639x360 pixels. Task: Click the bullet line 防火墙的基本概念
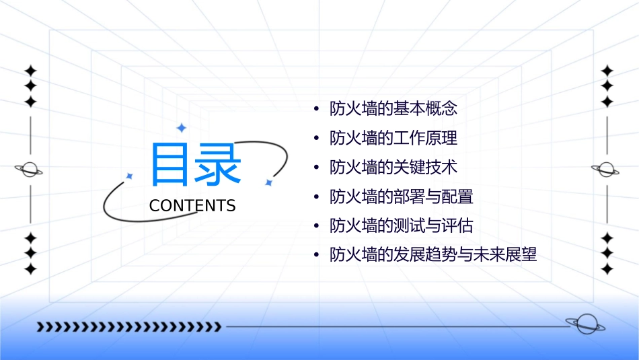click(393, 108)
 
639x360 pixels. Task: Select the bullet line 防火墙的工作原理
click(393, 138)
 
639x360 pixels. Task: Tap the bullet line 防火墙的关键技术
click(393, 167)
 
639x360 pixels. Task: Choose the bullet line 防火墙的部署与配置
click(402, 196)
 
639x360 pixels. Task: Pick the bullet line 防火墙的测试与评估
click(402, 226)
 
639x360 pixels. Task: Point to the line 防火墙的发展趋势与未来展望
click(433, 255)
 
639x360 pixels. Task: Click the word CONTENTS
click(192, 206)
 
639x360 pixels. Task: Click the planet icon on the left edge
click(30, 170)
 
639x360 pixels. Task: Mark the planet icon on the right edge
click(606, 170)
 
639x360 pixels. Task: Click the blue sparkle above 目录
click(180, 127)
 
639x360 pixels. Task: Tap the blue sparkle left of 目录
click(130, 176)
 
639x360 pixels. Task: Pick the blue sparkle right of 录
click(268, 182)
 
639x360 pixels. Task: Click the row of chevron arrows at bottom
click(128, 327)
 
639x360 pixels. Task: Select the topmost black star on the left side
click(30, 71)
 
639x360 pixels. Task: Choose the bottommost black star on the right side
click(607, 269)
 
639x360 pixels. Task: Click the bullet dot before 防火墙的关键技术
click(317, 168)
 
